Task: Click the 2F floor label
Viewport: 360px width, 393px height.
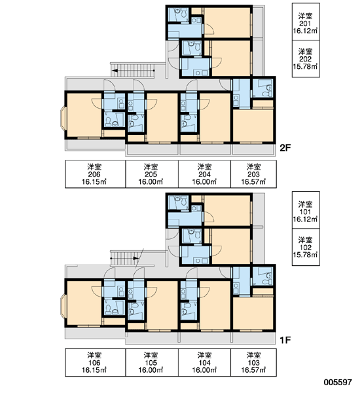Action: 285,148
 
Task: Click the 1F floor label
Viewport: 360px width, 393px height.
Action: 285,340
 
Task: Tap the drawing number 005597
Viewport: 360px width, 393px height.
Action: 338,383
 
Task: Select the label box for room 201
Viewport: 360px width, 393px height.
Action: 306,22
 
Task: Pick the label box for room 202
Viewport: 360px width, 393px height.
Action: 306,59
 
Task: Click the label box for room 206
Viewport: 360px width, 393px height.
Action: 95,174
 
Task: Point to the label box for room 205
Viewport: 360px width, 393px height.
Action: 152,174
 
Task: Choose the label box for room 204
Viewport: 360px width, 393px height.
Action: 204,174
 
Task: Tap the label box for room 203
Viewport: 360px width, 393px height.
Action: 253,174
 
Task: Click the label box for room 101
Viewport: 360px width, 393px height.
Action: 306,210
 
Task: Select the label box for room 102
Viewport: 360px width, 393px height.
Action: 306,247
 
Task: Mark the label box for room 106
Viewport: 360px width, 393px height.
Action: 95,362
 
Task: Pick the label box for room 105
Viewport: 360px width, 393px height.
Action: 152,362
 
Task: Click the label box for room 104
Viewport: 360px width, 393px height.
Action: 204,362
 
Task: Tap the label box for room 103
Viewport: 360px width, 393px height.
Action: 253,362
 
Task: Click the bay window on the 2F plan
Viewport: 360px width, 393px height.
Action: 63,119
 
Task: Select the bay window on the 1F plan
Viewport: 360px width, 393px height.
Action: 63,307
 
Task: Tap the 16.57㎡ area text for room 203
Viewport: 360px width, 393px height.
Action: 253,181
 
